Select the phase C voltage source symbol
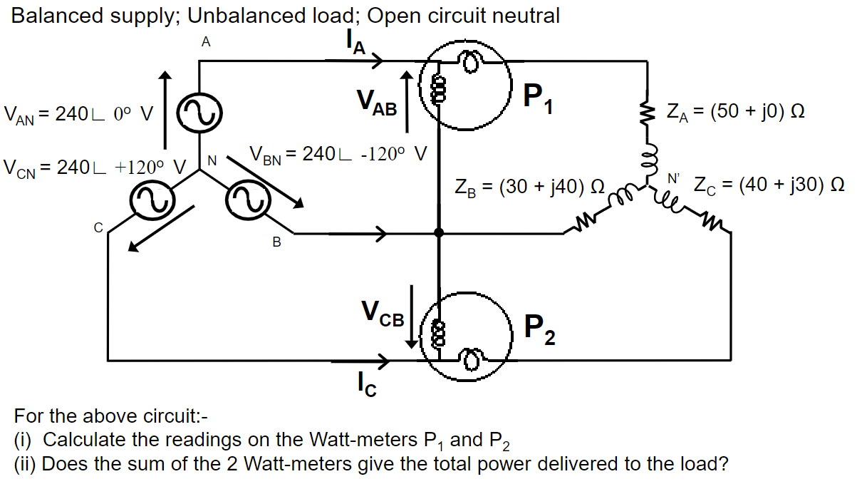150,200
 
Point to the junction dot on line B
439,232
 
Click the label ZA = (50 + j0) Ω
736,112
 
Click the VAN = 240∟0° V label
78,113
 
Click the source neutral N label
212,160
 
